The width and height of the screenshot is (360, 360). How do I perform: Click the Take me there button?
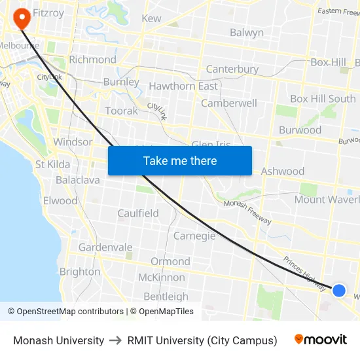180,160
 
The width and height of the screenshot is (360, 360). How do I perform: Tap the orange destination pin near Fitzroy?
21,18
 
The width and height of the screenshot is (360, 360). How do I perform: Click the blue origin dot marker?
338,290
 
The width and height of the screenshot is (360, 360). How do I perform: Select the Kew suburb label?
151,18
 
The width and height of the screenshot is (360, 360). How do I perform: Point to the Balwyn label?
247,33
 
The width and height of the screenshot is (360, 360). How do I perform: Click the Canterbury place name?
232,69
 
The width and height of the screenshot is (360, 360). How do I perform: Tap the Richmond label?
92,60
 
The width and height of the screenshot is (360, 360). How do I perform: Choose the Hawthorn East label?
183,86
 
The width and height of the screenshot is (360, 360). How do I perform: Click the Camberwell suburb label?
229,103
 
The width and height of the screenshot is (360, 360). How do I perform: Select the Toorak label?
122,111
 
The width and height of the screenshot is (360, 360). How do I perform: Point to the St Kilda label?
53,164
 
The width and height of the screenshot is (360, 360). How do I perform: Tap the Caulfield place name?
138,213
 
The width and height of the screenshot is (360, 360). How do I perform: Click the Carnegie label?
194,236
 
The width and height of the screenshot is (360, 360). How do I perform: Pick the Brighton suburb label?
80,272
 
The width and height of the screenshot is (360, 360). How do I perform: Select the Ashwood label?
283,171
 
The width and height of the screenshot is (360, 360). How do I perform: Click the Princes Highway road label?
304,272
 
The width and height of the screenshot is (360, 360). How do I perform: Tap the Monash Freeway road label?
247,212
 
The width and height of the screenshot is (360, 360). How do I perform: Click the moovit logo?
321,340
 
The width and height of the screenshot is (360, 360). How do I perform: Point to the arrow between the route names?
116,340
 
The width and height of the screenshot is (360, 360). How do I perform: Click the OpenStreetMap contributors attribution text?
70,312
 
